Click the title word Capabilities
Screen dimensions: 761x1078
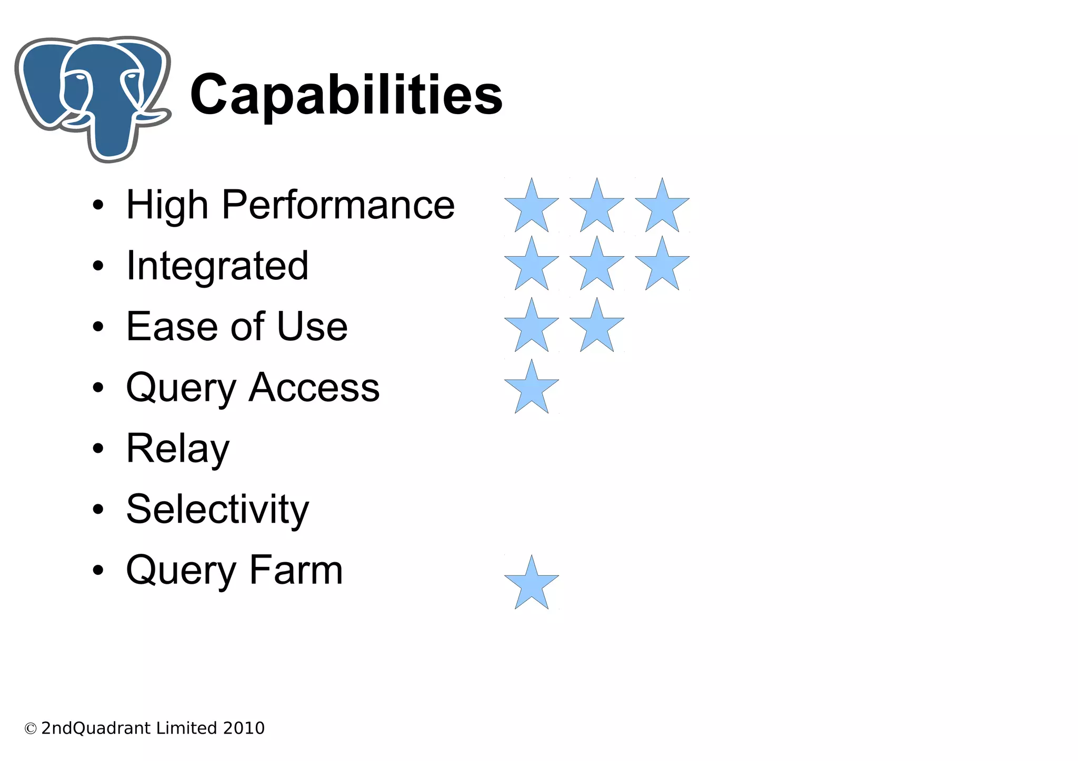tap(346, 95)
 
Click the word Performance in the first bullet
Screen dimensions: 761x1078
tap(338, 205)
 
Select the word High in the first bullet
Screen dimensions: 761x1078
tap(167, 205)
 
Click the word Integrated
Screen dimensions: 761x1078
tap(217, 266)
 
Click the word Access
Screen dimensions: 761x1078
tap(314, 388)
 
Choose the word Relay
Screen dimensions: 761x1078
tap(178, 449)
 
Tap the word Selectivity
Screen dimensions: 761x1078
tap(217, 510)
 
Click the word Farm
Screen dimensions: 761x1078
tap(296, 570)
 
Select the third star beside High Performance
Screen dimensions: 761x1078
tap(662, 207)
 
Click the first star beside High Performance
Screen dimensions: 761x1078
tap(532, 207)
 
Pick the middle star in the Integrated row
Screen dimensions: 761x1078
tap(597, 265)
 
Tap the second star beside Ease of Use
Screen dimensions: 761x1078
tap(597, 327)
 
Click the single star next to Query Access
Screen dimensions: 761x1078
tap(532, 388)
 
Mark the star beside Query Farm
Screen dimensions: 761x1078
tap(532, 584)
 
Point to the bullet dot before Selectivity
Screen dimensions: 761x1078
tap(98, 510)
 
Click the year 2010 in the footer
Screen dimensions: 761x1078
tap(244, 728)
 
